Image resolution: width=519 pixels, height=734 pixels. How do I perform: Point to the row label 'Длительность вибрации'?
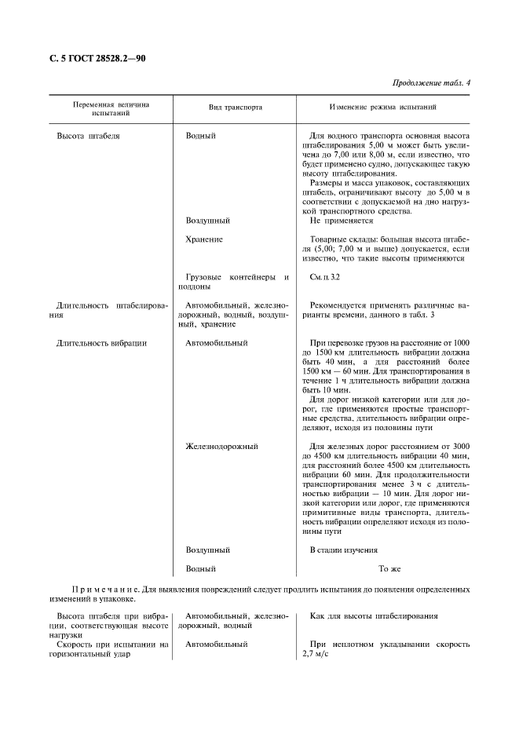pos(101,343)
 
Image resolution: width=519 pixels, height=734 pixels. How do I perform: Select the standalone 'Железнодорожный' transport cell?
pos(221,447)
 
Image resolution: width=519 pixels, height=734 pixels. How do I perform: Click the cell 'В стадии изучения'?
pos(343,550)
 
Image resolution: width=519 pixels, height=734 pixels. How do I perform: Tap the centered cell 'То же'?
pos(390,568)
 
